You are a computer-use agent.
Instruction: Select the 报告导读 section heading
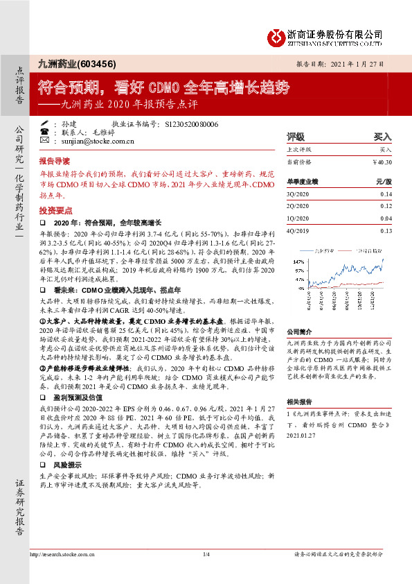click(x=54, y=160)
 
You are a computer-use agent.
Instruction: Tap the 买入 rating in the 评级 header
click(x=382, y=137)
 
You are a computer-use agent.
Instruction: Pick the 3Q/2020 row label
click(x=298, y=194)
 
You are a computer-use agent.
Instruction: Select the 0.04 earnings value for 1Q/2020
click(x=386, y=218)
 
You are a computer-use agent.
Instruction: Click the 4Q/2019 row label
click(x=298, y=230)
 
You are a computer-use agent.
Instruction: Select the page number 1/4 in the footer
click(x=206, y=555)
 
